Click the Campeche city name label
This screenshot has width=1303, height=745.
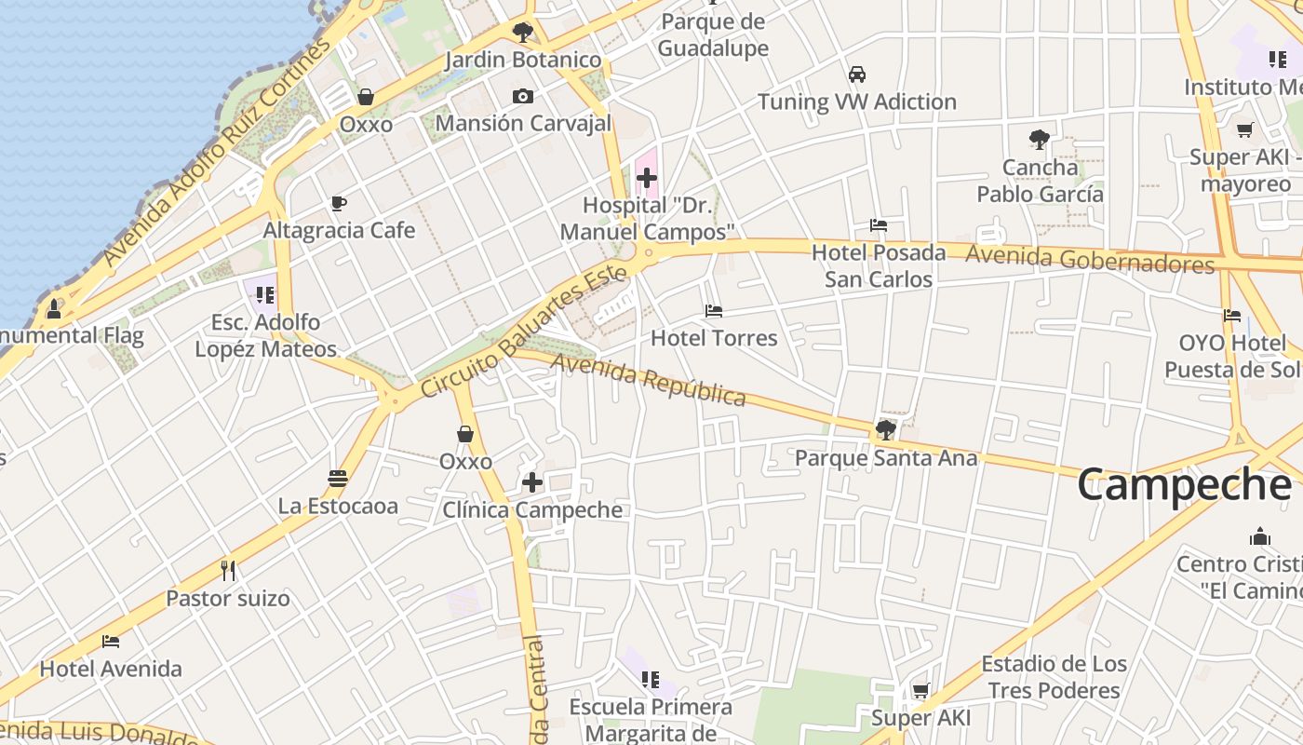1184,485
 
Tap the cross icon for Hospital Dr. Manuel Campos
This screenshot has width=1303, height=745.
646,177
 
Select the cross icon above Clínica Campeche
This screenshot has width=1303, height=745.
531,482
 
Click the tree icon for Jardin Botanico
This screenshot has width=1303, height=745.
523,33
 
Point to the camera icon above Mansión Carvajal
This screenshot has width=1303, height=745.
523,96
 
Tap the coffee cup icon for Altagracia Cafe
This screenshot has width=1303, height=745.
339,203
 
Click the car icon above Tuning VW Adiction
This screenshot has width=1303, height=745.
856,74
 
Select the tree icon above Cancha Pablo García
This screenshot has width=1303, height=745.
1040,141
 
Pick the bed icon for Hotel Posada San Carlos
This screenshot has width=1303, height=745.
878,225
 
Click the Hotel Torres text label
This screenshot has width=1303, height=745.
714,338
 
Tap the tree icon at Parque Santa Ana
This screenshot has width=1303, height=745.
885,430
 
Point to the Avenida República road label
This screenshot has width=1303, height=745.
648,379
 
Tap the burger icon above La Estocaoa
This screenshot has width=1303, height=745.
338,479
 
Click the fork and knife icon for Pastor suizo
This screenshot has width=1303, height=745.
228,570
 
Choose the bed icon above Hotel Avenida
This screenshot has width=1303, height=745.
111,642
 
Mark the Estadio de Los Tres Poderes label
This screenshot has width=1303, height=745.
1054,677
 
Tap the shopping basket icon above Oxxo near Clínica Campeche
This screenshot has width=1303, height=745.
465,434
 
